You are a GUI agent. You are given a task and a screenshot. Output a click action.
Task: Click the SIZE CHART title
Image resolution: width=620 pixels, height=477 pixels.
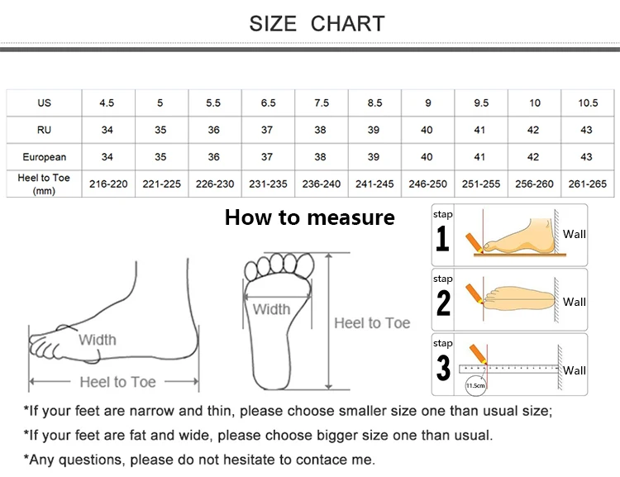317,23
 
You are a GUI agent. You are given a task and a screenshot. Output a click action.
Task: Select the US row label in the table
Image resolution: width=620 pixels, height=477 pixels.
44,103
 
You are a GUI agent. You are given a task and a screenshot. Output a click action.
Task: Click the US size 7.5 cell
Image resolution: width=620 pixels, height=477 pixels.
322,103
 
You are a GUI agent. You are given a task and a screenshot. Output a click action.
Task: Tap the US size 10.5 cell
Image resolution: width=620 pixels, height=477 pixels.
588,103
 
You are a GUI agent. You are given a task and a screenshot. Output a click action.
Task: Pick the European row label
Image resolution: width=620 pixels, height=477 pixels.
44,157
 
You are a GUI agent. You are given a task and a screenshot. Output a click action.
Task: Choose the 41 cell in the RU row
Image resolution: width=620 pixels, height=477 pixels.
480,130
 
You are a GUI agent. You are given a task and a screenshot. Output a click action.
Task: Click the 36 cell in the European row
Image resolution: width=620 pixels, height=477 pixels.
214,157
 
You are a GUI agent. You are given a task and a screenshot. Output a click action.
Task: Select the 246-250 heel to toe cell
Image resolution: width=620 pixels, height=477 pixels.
427,184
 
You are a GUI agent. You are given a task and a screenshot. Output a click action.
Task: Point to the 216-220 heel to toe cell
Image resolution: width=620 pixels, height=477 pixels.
108,184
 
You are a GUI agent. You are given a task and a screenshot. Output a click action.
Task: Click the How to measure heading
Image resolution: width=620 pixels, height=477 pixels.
309,218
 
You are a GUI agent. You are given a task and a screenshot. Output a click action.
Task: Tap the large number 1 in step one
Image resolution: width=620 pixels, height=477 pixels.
443,239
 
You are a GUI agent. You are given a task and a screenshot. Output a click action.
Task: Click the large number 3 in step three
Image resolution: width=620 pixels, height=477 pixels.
444,368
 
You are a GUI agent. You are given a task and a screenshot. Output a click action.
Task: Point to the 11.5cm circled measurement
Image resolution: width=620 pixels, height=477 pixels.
475,385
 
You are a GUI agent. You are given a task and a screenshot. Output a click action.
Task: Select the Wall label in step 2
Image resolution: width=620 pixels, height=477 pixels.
575,302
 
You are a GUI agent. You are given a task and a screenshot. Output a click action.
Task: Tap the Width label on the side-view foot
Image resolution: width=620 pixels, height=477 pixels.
98,340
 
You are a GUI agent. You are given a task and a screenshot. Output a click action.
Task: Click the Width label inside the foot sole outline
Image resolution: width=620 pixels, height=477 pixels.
271,309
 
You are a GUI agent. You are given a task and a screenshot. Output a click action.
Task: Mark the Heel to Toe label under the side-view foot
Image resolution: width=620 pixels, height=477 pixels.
117,382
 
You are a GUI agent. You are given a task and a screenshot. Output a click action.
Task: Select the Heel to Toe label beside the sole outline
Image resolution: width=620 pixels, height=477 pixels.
372,323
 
